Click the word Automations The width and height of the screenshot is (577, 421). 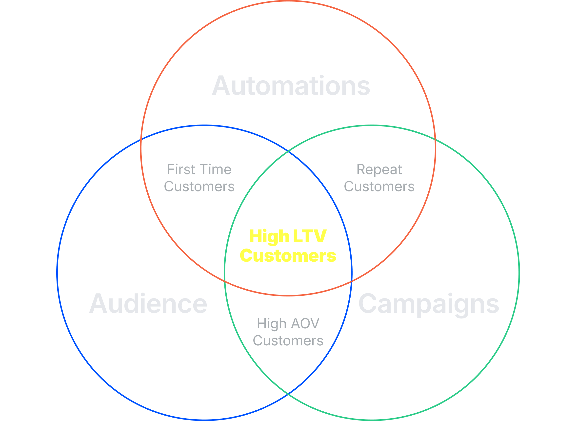(x=291, y=85)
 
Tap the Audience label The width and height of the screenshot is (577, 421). (x=148, y=303)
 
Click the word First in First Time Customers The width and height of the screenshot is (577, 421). (x=181, y=169)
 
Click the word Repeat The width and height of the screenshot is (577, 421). (x=379, y=170)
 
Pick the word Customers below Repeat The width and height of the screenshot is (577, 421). (x=379, y=187)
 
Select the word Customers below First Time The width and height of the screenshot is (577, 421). (x=199, y=187)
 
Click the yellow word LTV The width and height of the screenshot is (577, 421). (x=310, y=236)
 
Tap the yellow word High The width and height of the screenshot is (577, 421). (x=269, y=237)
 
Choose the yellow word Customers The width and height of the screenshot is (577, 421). (x=288, y=256)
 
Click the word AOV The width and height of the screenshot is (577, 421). (x=305, y=323)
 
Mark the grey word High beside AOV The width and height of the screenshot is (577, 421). (x=272, y=324)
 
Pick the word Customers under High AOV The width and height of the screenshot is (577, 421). (x=288, y=341)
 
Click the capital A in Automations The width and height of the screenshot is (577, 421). (x=221, y=85)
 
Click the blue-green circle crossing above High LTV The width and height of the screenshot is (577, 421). (x=288, y=151)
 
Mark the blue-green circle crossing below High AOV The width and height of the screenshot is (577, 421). (x=288, y=394)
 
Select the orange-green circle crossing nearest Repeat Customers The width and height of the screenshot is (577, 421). (x=436, y=139)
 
